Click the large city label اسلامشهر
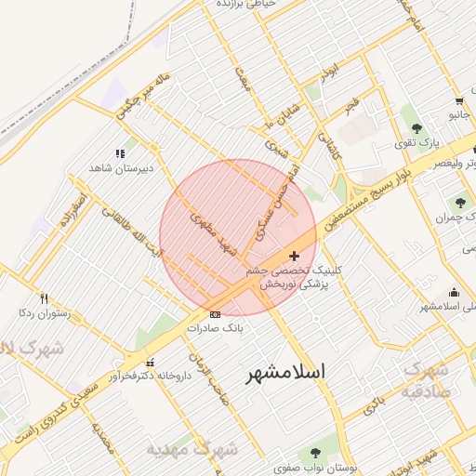click(x=285, y=373)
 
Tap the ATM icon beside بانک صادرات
click(x=216, y=315)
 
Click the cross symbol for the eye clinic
click(x=295, y=256)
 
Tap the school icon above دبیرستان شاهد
click(x=119, y=153)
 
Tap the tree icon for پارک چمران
click(x=457, y=202)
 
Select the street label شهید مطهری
click(x=214, y=234)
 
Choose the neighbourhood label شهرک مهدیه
click(x=192, y=449)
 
